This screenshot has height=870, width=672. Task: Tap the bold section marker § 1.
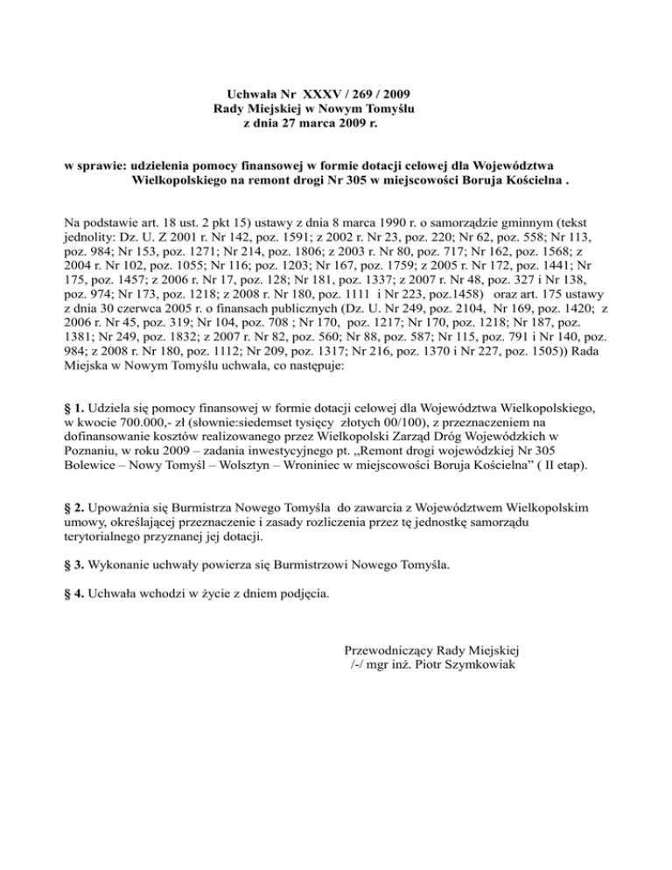(x=76, y=409)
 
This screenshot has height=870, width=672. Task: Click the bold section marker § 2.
(x=76, y=507)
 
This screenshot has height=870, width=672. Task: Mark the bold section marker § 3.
(x=76, y=565)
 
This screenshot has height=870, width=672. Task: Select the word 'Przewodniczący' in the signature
(x=390, y=651)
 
